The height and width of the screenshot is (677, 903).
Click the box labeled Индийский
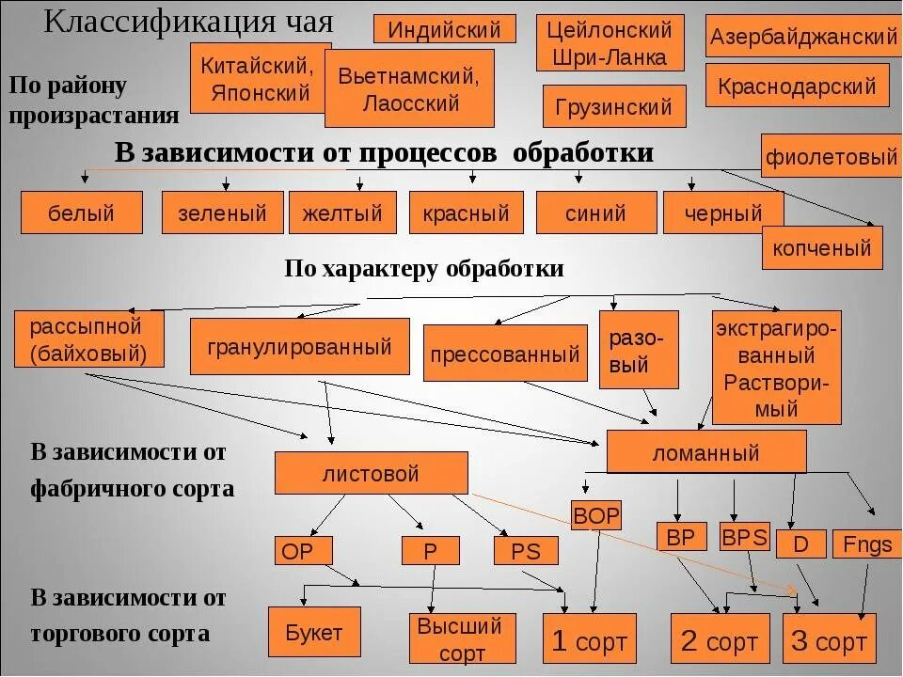tap(445, 29)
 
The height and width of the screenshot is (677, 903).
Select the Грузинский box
tap(614, 106)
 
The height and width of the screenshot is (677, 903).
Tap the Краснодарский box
tap(796, 87)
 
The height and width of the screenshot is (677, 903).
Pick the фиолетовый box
tap(831, 157)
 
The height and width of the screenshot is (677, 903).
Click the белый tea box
tap(82, 213)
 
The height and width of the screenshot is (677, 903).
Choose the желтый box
tap(342, 213)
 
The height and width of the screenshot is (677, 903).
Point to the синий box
tap(595, 213)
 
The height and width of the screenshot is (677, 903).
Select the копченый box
tap(821, 248)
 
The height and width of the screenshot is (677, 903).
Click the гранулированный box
tap(300, 346)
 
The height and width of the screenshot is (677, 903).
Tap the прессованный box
tap(504, 354)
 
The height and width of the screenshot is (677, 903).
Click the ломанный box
tap(705, 452)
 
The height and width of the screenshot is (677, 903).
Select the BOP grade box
tap(595, 515)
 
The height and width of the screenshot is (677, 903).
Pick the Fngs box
tap(867, 543)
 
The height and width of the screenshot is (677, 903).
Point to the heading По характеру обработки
tap(424, 269)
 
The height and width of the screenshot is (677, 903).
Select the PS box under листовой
tap(526, 550)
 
